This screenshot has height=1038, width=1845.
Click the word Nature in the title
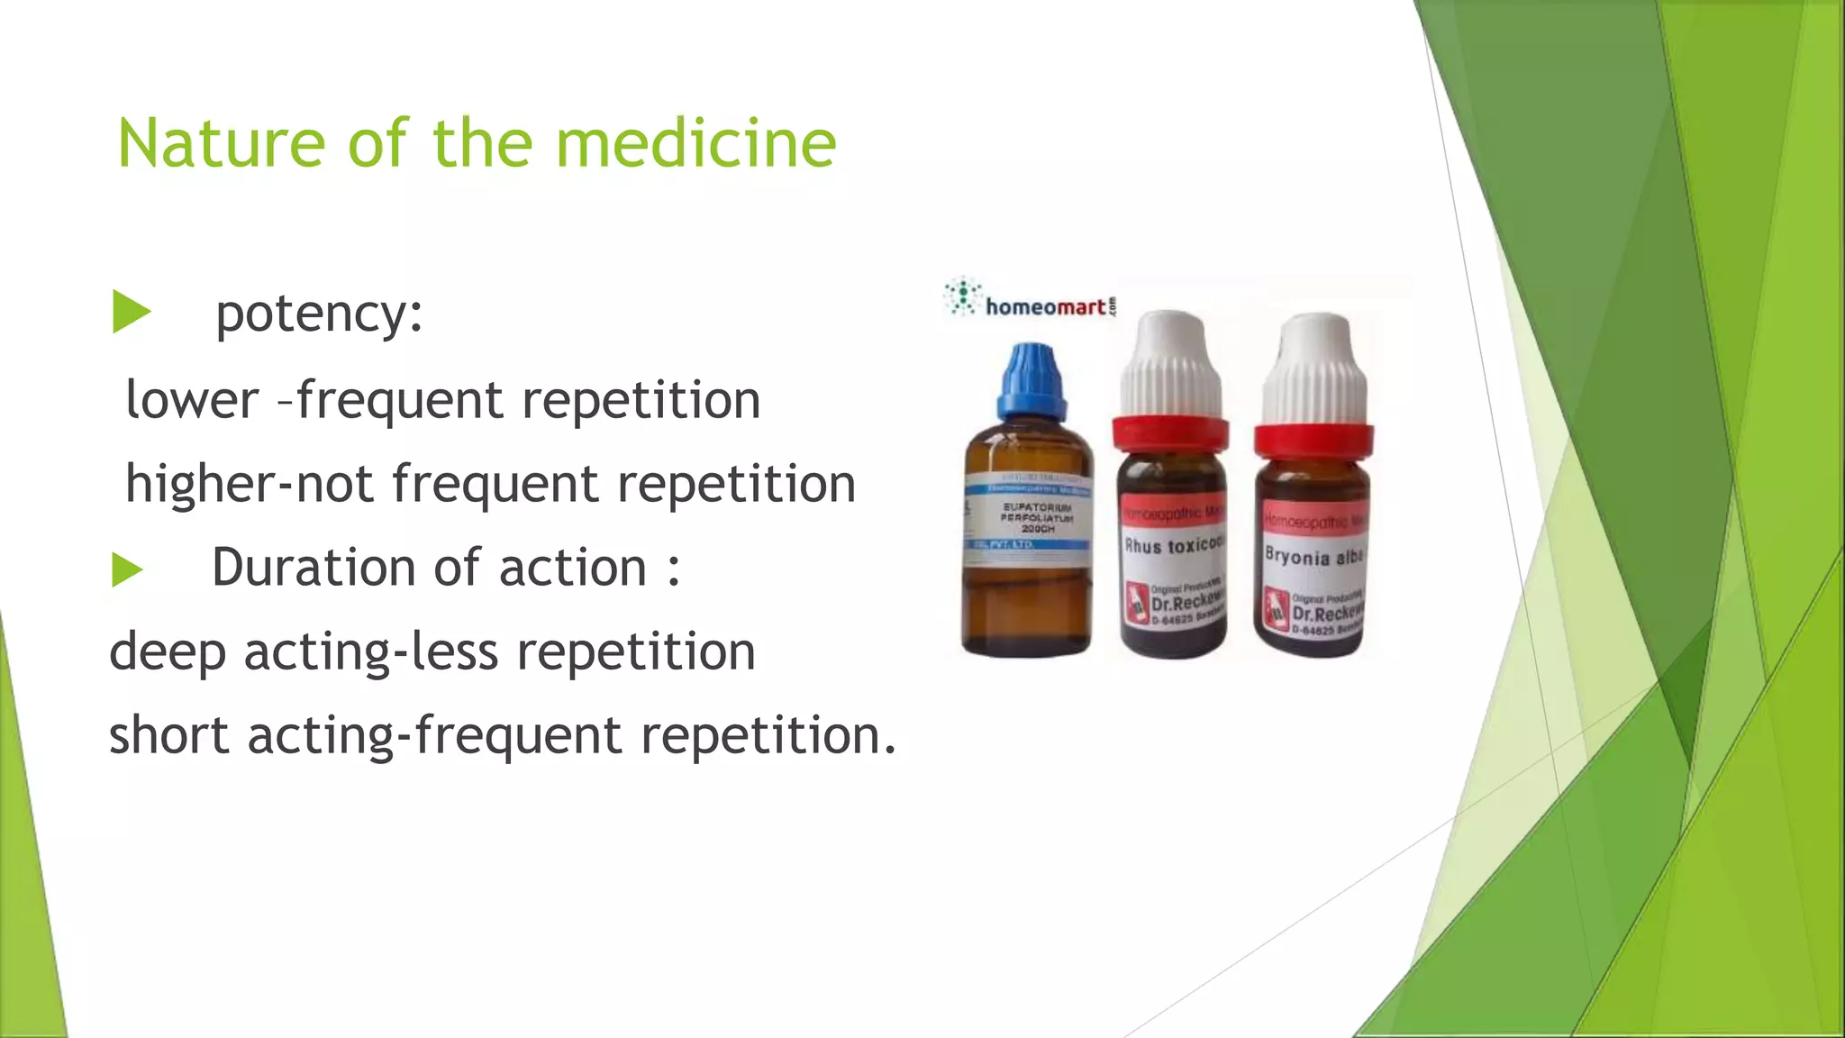221,144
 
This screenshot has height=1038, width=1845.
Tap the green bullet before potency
131,313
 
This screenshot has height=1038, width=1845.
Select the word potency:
319,315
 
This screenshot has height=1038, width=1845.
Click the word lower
192,399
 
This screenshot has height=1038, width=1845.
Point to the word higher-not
249,484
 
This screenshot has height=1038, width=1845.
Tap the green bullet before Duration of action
127,569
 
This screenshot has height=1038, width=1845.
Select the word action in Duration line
573,568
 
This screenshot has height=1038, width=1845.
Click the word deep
168,652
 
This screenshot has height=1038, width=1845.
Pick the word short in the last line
169,735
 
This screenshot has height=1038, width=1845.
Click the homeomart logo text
1045,307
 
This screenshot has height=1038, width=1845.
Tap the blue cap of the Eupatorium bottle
1032,378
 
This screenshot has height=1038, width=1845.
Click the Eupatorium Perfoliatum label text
1038,518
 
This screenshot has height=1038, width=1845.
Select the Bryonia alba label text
1313,556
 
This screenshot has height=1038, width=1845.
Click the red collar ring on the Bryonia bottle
1313,441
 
